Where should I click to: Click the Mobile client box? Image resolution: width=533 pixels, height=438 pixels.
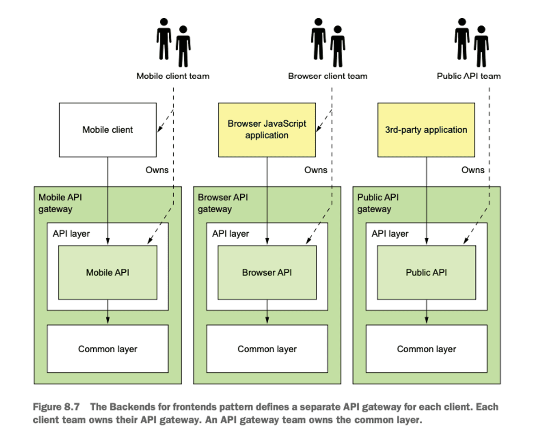[107, 130]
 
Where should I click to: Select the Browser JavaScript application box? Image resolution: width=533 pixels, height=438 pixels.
[267, 130]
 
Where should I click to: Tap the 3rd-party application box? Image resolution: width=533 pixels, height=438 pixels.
[426, 130]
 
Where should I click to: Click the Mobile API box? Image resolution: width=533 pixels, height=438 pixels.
[107, 272]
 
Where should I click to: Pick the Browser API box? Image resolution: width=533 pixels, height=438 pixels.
[267, 272]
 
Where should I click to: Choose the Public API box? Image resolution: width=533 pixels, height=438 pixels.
[426, 272]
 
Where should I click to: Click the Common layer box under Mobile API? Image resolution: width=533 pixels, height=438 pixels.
[107, 349]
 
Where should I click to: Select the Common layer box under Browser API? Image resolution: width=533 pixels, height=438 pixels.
[267, 349]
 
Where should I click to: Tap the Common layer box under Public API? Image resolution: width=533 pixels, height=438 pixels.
[426, 349]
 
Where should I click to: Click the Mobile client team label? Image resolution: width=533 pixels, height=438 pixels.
[173, 76]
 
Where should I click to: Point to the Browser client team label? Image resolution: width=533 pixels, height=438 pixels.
[328, 76]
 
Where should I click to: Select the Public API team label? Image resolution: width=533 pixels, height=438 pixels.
[469, 76]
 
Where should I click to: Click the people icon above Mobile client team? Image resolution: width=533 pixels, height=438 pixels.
[173, 43]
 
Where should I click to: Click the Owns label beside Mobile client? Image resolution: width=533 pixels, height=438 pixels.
[157, 170]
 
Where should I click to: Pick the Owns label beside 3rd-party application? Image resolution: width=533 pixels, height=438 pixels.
[473, 170]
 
